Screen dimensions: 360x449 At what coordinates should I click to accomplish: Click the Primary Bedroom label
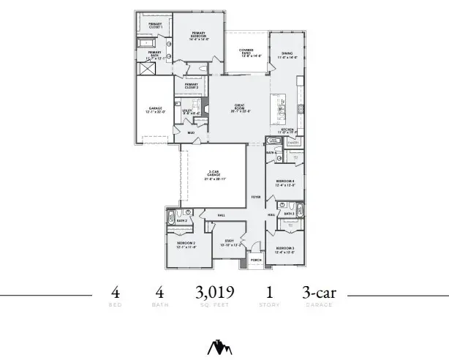click(200, 36)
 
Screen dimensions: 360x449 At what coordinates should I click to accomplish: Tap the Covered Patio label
click(246, 52)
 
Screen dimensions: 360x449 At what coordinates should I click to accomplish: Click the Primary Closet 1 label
click(155, 25)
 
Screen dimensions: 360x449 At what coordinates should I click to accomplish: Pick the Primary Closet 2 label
click(191, 86)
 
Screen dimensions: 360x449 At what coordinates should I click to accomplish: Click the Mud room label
click(191, 132)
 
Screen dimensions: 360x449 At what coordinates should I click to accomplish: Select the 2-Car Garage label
click(215, 175)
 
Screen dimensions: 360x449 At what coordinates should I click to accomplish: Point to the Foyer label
click(256, 197)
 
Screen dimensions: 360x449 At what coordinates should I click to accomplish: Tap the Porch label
click(256, 259)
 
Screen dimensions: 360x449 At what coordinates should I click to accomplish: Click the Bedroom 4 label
click(284, 182)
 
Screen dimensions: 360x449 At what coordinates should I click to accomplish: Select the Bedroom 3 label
click(284, 250)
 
